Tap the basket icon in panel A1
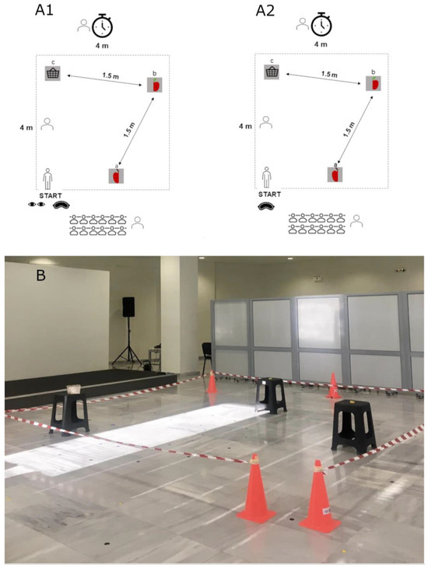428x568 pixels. point(53,72)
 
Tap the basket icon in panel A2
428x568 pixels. point(272,72)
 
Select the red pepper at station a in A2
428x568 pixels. point(335,174)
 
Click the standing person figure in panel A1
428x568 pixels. point(48,179)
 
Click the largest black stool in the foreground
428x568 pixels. point(355,428)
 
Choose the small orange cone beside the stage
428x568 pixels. point(212,383)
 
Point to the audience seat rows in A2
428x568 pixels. point(317,223)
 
